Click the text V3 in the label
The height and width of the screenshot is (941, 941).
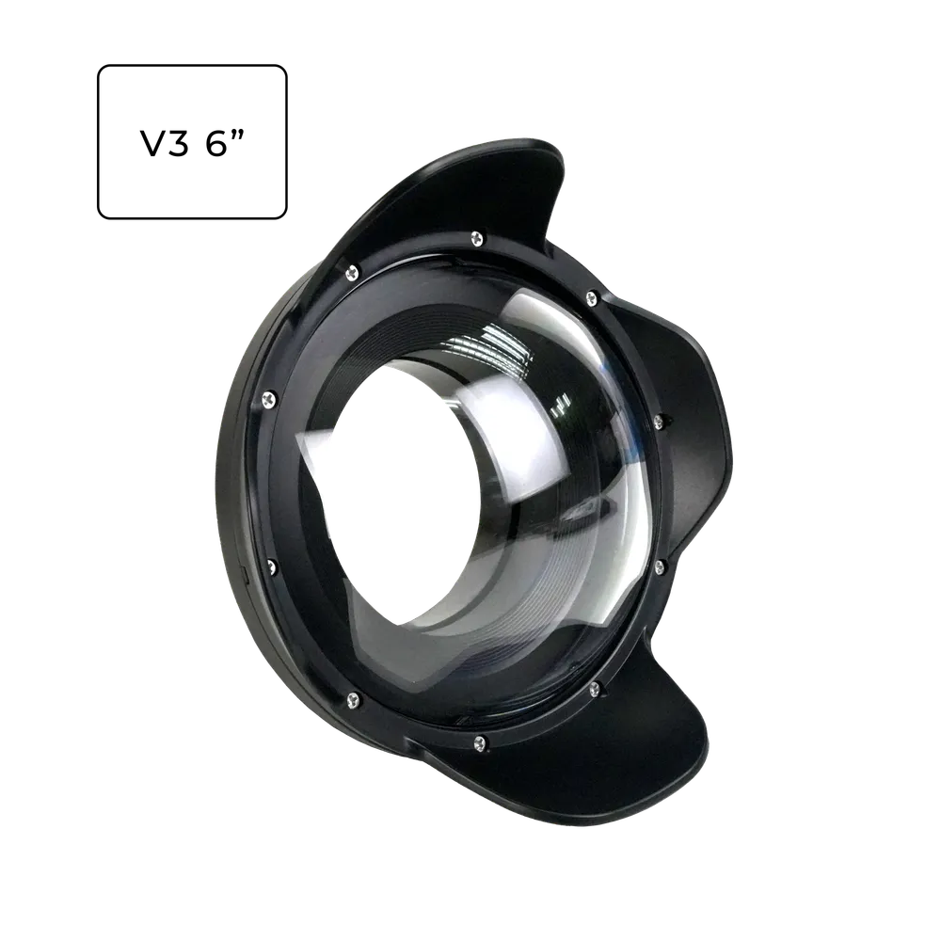click(165, 143)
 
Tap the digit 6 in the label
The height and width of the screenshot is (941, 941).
click(216, 143)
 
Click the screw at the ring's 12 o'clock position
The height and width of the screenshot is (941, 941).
click(478, 237)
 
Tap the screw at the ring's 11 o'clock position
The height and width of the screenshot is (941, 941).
click(352, 273)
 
